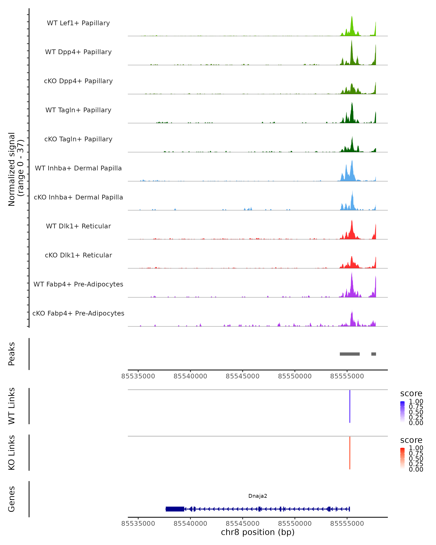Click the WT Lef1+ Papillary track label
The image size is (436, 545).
78,23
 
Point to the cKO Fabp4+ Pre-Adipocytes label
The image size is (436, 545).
78,313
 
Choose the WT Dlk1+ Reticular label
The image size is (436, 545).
78,226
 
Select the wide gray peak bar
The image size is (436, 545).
350,354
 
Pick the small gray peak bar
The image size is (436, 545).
374,354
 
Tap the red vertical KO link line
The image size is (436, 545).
350,453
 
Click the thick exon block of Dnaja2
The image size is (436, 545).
175,509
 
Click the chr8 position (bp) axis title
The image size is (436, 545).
258,532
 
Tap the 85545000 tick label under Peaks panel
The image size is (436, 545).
242,376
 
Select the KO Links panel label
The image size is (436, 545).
12,453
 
